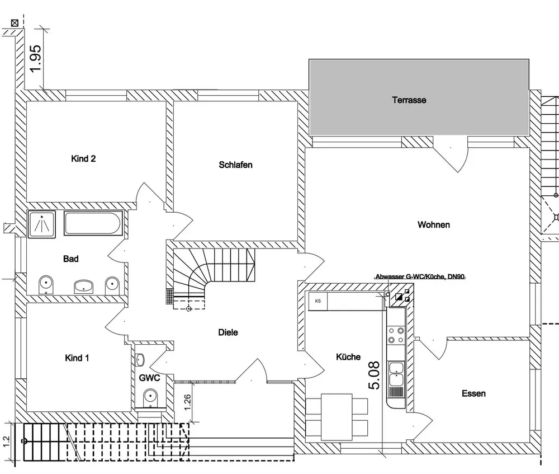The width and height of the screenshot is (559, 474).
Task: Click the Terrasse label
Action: coord(409,101)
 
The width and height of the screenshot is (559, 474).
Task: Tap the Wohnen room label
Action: coord(434,225)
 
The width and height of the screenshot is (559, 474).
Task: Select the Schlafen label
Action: coord(235,165)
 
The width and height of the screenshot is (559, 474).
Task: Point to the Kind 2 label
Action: coord(83,159)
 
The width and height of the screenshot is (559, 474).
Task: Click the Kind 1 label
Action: coord(77,358)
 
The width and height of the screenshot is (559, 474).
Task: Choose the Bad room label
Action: coord(71,259)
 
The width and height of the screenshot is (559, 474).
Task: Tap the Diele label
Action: coord(228,332)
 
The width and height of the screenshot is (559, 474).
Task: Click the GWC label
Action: coord(150,378)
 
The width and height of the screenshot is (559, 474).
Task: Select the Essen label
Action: coord(473,393)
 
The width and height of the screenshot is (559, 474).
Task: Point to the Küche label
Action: coord(348,357)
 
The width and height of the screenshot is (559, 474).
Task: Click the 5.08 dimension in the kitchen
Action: coord(374,375)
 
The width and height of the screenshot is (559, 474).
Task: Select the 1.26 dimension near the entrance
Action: coord(188,401)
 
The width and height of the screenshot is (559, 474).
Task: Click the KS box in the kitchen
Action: coord(318,301)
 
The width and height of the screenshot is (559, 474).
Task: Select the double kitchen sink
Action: coord(396,374)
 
